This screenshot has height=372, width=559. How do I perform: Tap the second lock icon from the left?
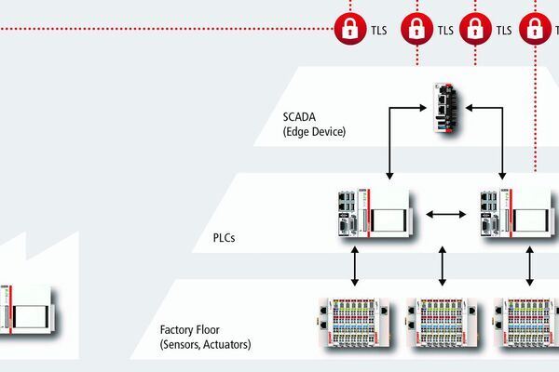pos(415,29)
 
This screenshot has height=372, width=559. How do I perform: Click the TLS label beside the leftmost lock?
pos(377,30)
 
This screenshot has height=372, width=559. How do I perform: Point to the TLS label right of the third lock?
pos(504,30)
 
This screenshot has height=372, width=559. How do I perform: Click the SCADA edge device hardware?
pos(444,110)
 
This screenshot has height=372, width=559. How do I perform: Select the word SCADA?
pos(302,117)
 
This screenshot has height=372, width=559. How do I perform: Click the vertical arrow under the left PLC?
pos(355,268)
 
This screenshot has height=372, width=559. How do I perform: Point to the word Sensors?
pos(185,345)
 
